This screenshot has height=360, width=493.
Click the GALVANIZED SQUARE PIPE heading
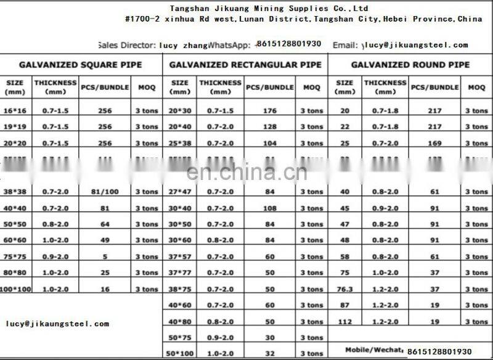[80, 64]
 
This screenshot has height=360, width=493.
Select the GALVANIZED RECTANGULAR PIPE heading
[245, 64]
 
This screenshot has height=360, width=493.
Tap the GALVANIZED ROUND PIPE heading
[410, 64]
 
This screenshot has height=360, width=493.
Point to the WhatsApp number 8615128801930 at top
[290, 44]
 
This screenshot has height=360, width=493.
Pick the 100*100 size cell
[15, 288]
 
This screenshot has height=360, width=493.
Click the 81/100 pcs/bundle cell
[104, 191]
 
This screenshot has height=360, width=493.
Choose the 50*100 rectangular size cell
[180, 353]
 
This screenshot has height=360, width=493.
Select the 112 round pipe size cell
[344, 321]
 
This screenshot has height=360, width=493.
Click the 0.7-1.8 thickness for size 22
[385, 126]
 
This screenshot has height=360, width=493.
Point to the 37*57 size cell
[180, 256]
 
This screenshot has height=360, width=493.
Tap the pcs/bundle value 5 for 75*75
[104, 256]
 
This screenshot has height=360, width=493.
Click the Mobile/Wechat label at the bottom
[378, 348]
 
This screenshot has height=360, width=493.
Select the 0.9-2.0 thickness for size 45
[385, 207]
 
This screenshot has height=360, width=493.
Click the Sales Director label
[126, 44]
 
